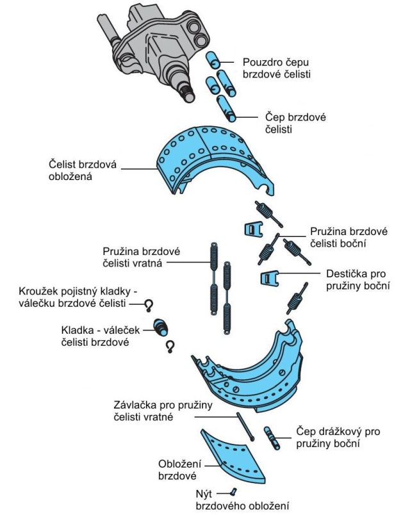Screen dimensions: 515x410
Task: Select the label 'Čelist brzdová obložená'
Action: click(x=80, y=169)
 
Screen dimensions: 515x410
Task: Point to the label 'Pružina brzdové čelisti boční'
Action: click(x=347, y=236)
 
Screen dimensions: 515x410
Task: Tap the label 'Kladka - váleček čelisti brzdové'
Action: click(x=101, y=336)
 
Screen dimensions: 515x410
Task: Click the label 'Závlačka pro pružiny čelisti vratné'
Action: click(x=166, y=411)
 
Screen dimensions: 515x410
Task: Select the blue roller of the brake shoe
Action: click(x=163, y=328)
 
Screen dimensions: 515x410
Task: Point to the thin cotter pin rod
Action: click(x=246, y=426)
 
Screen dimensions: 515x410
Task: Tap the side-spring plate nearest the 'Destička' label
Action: click(x=270, y=279)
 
